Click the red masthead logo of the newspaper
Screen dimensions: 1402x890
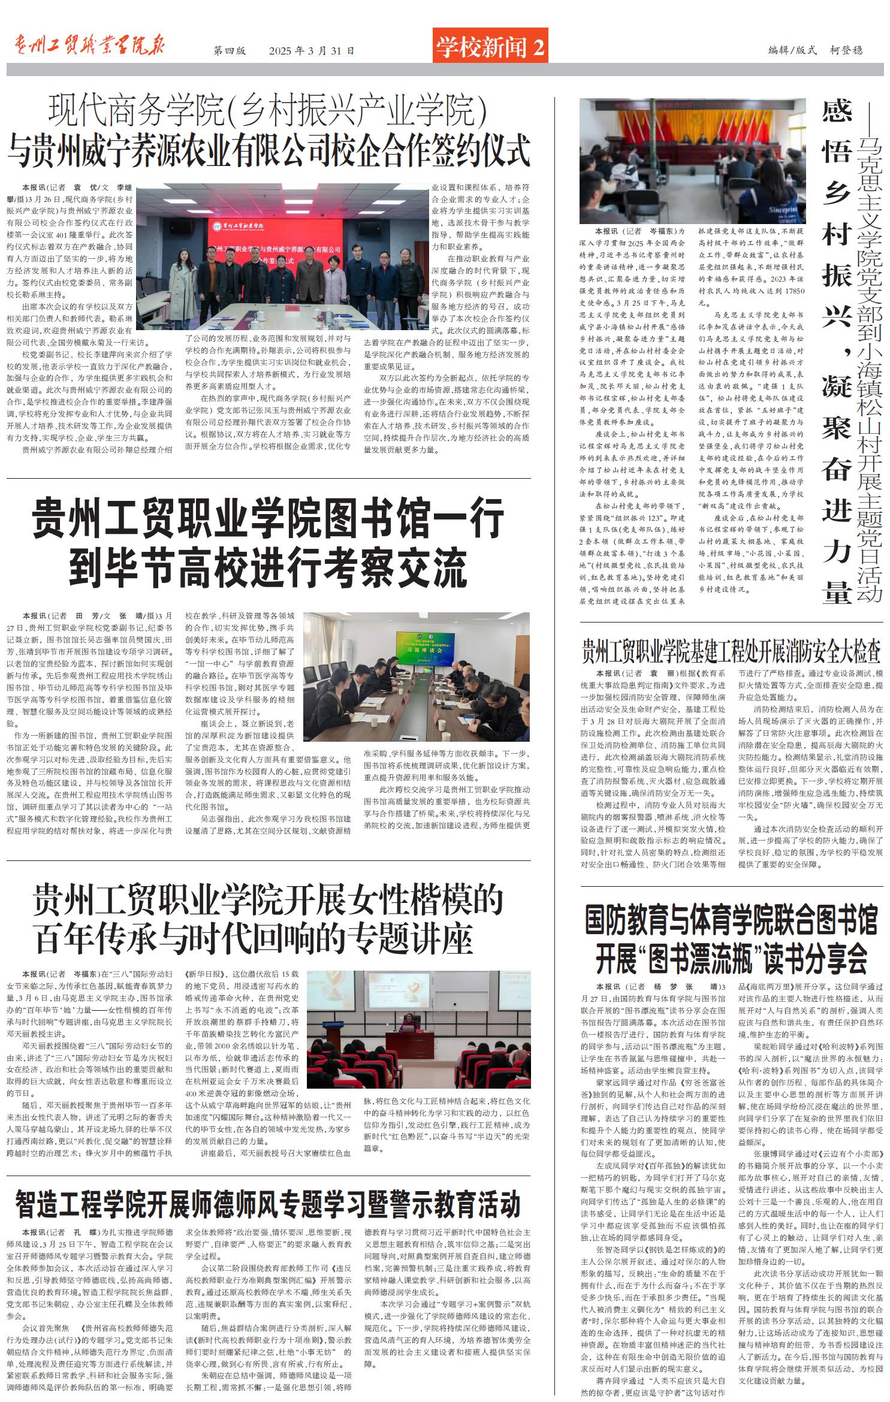[x=89, y=46]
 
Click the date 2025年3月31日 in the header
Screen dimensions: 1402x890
[x=312, y=51]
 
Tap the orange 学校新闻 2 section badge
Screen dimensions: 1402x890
[x=490, y=46]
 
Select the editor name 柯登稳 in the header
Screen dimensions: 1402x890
[x=846, y=50]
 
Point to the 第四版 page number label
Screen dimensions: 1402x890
[x=230, y=51]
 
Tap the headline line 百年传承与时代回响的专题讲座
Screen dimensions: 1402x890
[x=255, y=939]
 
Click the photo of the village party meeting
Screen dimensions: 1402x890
[x=692, y=161]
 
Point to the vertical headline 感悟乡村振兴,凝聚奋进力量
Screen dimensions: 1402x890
[x=837, y=353]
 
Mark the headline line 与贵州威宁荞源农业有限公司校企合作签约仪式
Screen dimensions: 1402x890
[x=268, y=150]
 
